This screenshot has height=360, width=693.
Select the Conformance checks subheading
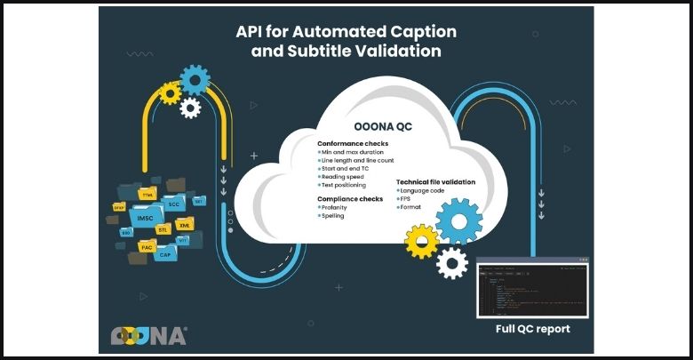[x=353, y=144]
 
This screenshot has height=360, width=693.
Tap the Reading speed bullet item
[x=343, y=177]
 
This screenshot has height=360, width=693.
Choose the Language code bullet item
[x=422, y=190]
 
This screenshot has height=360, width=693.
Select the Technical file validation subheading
[x=435, y=181]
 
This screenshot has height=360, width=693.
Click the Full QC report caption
[x=532, y=329]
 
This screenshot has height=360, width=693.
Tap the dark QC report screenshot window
[x=532, y=287]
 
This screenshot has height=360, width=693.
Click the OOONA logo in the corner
[x=149, y=335]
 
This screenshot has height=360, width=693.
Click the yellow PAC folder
[x=147, y=247]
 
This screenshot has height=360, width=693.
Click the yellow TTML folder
[x=147, y=193]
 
